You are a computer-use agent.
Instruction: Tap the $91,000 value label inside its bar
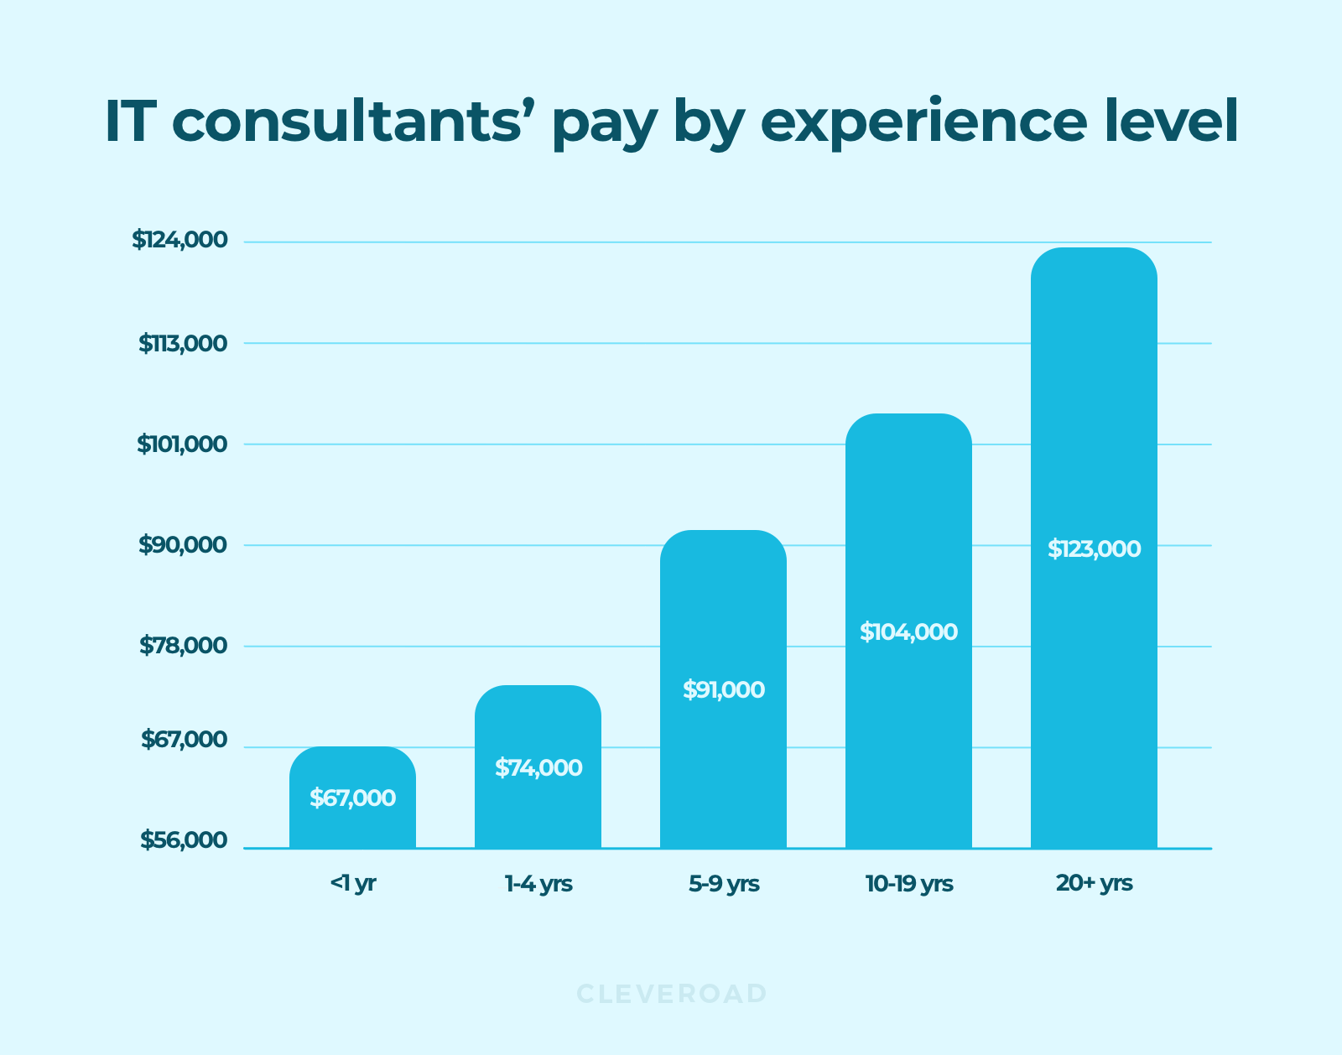(723, 690)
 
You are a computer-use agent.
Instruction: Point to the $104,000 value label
(908, 631)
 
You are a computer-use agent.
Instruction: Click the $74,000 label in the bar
(538, 767)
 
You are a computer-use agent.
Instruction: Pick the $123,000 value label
(1094, 549)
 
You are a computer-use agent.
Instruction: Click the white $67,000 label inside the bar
(352, 798)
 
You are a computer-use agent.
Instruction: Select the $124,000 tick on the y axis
(179, 240)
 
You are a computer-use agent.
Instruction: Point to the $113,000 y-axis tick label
(183, 343)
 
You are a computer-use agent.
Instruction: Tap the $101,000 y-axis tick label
(182, 444)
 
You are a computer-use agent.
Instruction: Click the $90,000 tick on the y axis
(182, 545)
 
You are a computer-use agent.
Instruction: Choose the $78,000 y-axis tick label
(183, 646)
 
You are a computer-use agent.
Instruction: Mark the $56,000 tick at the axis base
(183, 840)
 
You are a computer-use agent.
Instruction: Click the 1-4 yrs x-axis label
(538, 883)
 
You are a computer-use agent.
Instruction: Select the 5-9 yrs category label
(723, 883)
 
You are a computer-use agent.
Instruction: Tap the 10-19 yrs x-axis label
(908, 883)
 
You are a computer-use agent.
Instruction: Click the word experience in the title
(923, 122)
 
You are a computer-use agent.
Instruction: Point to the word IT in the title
(131, 122)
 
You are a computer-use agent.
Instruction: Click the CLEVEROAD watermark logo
(671, 994)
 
